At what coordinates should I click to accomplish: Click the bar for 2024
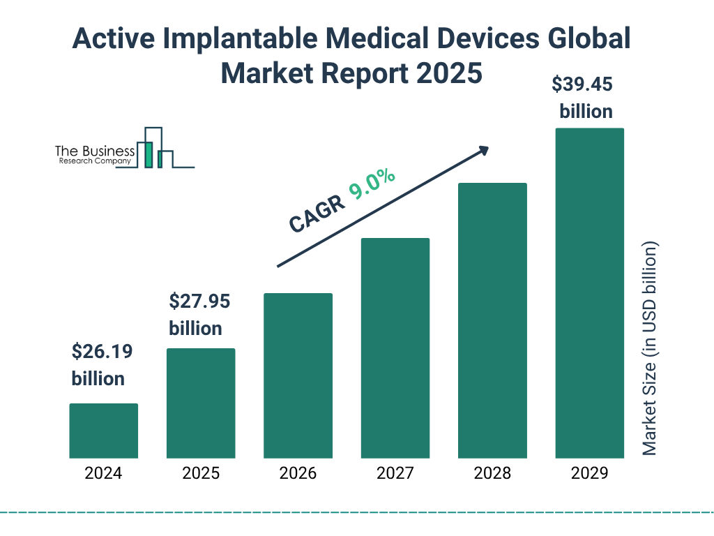click(x=103, y=431)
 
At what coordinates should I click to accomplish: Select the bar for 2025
click(x=201, y=403)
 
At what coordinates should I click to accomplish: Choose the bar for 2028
click(x=492, y=320)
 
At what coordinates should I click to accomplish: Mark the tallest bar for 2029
click(x=589, y=293)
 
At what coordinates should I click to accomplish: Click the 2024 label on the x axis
click(x=103, y=473)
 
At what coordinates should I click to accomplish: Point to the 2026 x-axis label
click(x=298, y=473)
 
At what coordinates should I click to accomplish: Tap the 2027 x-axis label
click(x=395, y=473)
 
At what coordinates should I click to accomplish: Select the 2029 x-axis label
click(x=589, y=473)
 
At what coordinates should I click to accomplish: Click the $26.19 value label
click(x=102, y=352)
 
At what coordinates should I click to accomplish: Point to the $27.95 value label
click(x=199, y=301)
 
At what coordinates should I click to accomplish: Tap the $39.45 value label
click(x=582, y=84)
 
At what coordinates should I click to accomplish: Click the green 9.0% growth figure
click(x=372, y=184)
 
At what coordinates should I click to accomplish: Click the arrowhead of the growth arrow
click(x=483, y=150)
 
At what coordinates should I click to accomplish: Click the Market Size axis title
click(x=650, y=349)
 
